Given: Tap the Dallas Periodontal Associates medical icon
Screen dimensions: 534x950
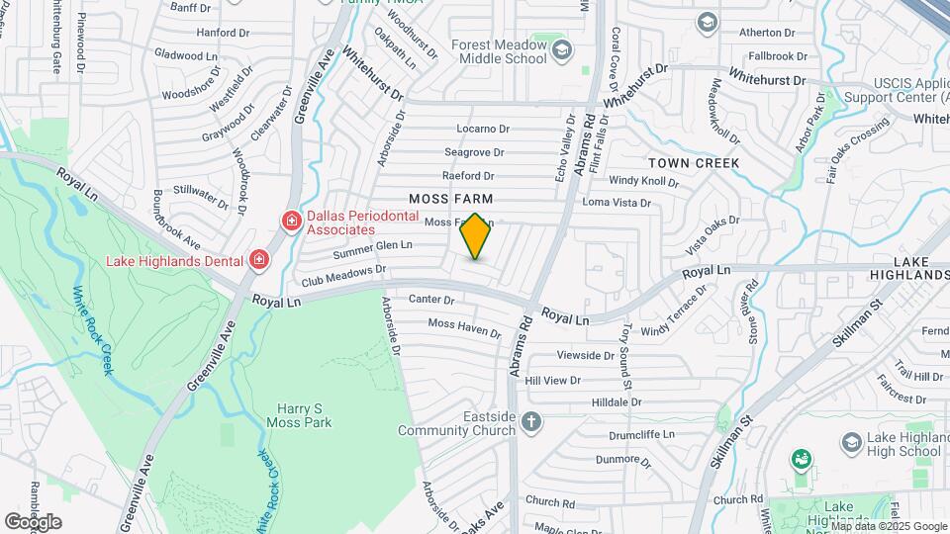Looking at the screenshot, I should point(292,220).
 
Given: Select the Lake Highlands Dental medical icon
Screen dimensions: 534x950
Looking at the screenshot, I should point(259,260).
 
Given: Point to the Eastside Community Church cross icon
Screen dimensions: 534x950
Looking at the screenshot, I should point(531,422).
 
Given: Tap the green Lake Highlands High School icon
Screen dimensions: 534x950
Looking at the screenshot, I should point(801,459).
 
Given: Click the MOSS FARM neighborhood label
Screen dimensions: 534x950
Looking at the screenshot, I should point(451,200).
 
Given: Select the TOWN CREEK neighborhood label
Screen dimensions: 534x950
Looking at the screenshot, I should point(694,162).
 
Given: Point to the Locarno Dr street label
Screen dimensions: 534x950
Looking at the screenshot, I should point(482,129).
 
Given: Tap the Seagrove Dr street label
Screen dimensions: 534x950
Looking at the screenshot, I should point(474,152).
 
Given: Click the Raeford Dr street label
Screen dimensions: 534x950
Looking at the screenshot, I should point(467,176).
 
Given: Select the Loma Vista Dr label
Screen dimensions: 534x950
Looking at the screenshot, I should point(617,203).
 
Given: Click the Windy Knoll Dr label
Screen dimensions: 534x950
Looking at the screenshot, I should point(643,181).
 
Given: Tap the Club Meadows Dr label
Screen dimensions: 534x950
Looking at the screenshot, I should point(344,274).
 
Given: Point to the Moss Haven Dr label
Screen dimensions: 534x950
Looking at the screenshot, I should point(465,324).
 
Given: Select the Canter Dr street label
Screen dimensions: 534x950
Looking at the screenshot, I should point(430,300).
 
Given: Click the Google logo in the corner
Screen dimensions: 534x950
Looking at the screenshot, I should point(33,521).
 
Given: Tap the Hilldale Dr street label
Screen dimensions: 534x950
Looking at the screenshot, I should point(617,402).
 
